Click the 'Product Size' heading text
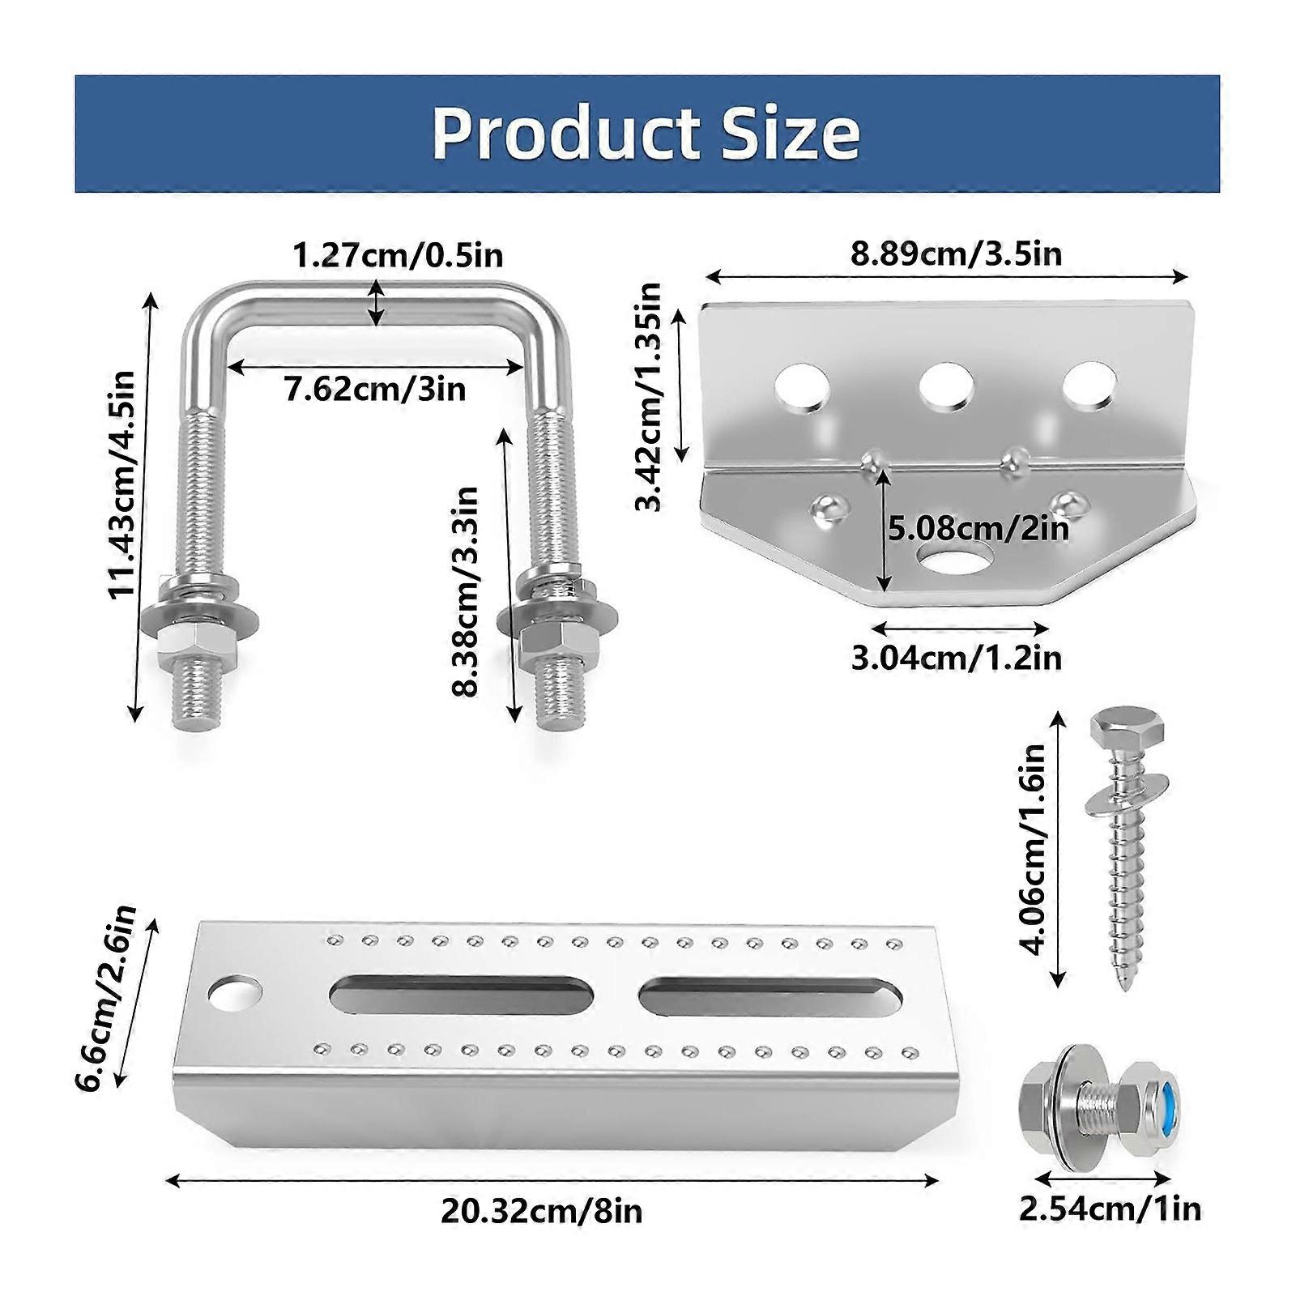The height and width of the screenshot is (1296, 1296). coord(646,133)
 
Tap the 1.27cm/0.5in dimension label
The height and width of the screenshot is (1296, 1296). coord(398,255)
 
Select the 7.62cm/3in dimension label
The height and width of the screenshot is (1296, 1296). coord(375,389)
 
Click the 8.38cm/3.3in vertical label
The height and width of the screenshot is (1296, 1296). coord(466,592)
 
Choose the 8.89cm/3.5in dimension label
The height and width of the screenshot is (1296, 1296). coord(956,254)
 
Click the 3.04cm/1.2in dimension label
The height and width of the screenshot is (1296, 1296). coord(956,657)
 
